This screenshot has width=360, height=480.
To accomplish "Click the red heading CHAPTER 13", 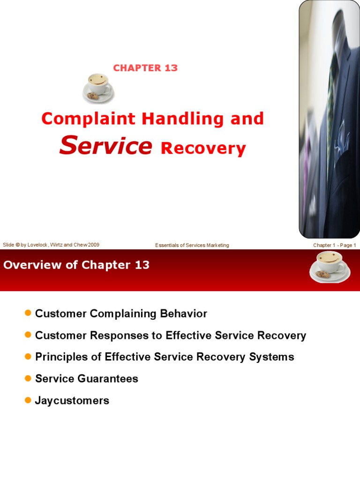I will click(x=145, y=68).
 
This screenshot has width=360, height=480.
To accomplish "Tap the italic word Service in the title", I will click(x=106, y=146).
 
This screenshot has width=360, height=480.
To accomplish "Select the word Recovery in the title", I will click(x=203, y=149).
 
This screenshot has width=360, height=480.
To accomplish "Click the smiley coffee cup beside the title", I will click(x=98, y=88).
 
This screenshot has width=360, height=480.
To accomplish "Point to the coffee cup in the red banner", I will click(x=330, y=267).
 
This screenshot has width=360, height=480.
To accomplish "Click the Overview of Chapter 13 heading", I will click(x=76, y=265).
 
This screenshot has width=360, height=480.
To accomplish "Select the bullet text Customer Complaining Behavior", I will click(x=121, y=314).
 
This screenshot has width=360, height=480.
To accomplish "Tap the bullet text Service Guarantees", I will click(x=87, y=379).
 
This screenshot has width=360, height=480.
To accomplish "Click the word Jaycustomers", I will click(x=72, y=400).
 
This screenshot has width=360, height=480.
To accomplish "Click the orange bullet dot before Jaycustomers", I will click(x=28, y=400).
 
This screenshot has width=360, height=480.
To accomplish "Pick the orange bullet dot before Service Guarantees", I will click(x=28, y=378).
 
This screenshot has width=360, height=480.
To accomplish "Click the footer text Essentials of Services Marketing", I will click(x=192, y=245).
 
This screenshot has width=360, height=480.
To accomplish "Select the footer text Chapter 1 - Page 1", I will click(x=335, y=245).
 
